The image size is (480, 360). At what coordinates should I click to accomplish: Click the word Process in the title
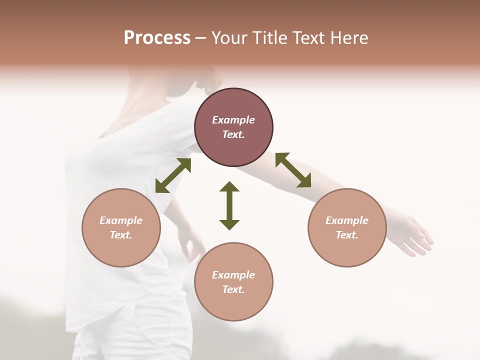(157, 38)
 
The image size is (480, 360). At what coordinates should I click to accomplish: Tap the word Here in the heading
(348, 38)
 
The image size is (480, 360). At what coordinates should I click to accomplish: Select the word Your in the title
(229, 38)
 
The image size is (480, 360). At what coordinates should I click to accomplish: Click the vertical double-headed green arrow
(229, 205)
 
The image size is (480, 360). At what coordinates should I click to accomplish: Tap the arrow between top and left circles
(173, 175)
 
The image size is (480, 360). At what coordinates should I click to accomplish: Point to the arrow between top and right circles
(293, 170)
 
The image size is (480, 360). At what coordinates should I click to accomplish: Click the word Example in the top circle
(233, 120)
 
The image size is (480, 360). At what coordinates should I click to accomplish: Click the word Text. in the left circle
(121, 235)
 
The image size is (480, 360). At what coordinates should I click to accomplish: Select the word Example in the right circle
(347, 220)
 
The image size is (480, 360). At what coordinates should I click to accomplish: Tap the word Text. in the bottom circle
(233, 289)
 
